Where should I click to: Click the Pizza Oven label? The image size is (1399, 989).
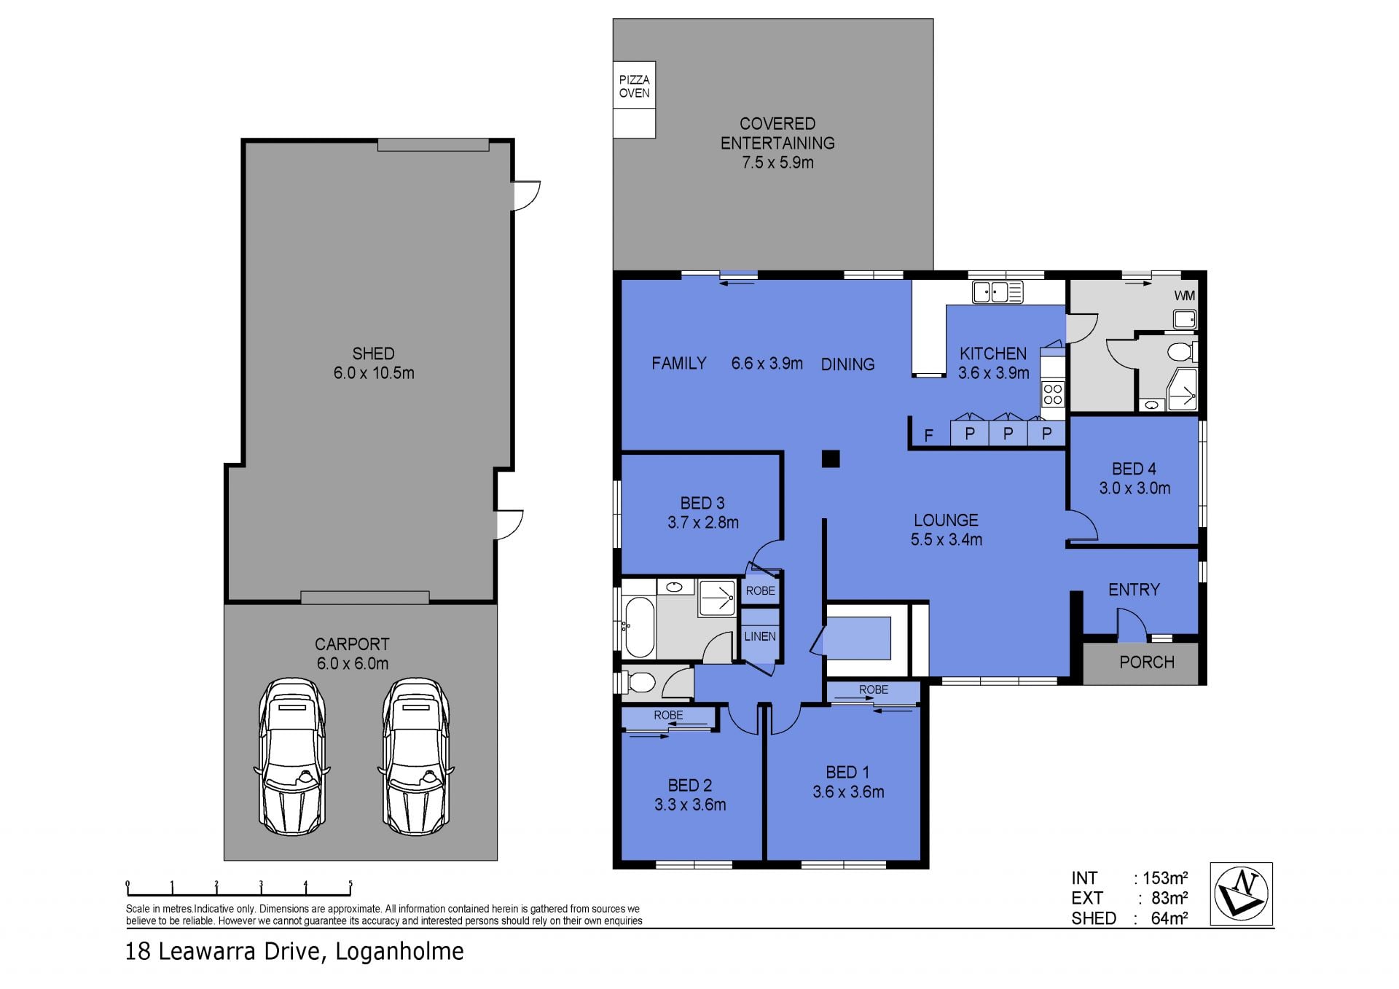tap(634, 86)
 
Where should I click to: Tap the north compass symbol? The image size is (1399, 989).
tap(1241, 894)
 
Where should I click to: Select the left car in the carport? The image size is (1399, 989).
tap(292, 757)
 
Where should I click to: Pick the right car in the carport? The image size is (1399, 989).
tap(416, 757)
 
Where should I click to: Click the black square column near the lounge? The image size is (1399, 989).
tap(831, 458)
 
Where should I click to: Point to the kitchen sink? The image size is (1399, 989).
tap(998, 292)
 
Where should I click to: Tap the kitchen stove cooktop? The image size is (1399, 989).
tap(1053, 394)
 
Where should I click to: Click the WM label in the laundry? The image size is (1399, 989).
tap(1184, 296)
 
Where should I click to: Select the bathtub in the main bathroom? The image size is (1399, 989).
tap(640, 628)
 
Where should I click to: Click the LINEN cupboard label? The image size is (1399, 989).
tap(760, 636)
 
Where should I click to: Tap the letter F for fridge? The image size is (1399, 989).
tap(928, 436)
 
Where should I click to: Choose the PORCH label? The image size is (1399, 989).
tap(1147, 662)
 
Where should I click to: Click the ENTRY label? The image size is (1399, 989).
tap(1134, 590)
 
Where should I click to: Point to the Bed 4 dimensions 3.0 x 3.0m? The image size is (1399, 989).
tap(1135, 488)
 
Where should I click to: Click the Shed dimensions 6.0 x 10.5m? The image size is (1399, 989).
tap(374, 373)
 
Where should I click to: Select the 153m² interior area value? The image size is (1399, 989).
tap(1165, 878)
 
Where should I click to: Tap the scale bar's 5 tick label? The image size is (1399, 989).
tap(350, 885)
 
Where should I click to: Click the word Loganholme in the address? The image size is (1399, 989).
tap(399, 952)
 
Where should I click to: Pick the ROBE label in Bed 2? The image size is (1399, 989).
tap(668, 715)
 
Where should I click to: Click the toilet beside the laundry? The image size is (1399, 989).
tap(1182, 353)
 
